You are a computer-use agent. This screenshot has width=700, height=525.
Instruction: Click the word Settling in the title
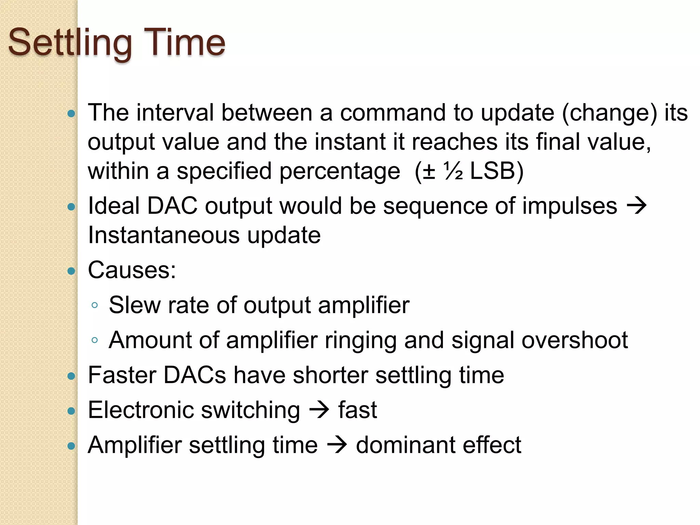point(70,43)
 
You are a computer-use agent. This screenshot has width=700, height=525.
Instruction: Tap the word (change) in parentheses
point(609,113)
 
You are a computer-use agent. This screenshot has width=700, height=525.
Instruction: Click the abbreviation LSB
point(493,171)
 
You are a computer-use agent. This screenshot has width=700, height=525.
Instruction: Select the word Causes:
point(132,270)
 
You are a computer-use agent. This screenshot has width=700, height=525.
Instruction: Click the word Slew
point(134,305)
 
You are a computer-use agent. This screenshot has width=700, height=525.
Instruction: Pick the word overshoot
point(575,340)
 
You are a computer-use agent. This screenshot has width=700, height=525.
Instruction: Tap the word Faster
point(122,375)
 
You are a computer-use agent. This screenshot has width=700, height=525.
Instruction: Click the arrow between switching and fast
point(319,410)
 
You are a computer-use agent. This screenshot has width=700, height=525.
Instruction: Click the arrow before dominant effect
point(337,445)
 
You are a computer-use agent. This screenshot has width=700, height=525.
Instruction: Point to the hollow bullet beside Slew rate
point(95,305)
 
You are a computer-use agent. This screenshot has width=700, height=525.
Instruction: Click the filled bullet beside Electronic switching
point(71,411)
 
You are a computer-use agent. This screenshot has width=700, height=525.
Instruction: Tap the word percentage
point(340,171)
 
